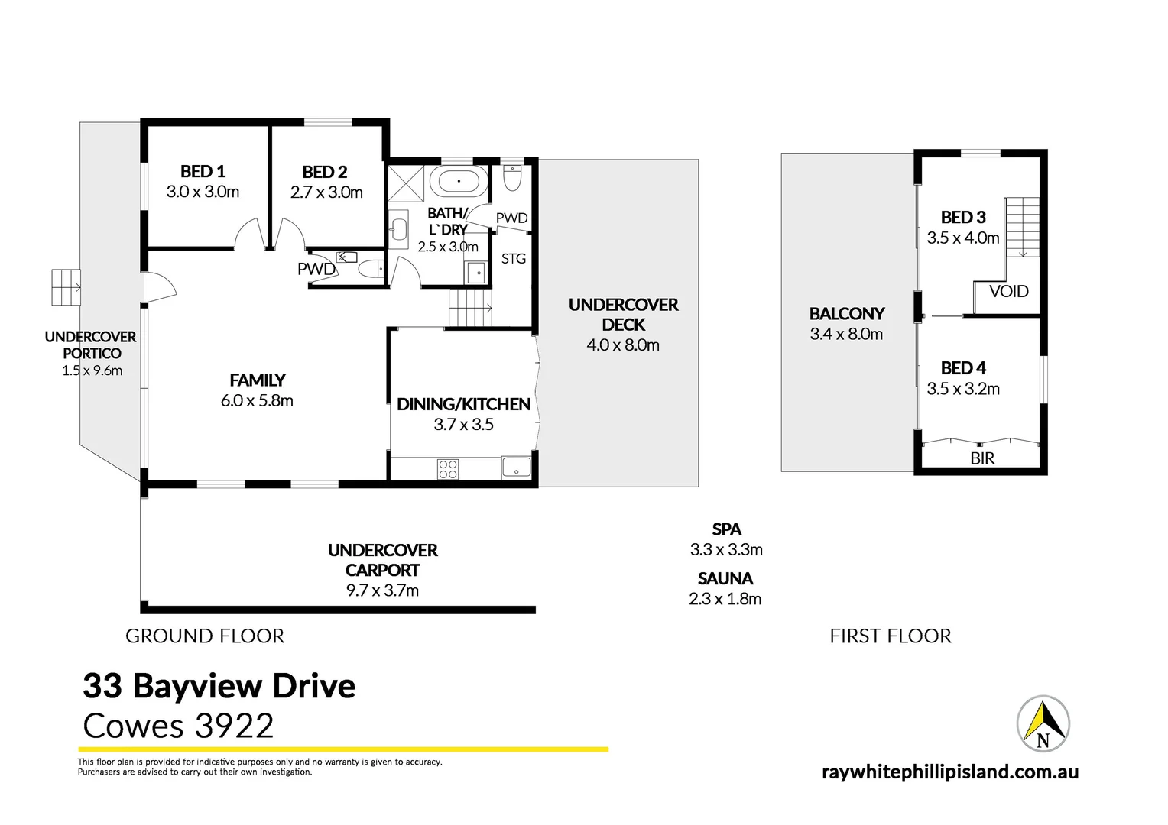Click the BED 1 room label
(203, 172)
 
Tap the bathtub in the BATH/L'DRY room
(459, 183)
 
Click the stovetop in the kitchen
(448, 468)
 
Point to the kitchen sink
(517, 467)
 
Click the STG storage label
(514, 259)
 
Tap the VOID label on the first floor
(1008, 291)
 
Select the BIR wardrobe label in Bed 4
(982, 458)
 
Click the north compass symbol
(1043, 723)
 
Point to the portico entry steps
(66, 287)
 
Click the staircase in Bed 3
(1022, 227)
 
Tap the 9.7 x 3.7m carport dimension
(382, 590)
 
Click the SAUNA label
(725, 579)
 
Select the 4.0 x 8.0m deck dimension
(623, 345)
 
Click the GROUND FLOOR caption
(205, 636)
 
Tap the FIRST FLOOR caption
(891, 636)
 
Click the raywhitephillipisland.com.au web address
(950, 772)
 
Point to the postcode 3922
(234, 726)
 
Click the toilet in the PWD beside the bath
(512, 179)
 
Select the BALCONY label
(847, 314)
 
